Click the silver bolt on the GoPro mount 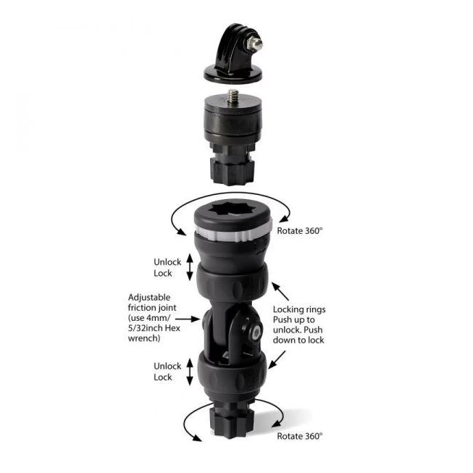[255, 43]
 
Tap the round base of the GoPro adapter [233, 74]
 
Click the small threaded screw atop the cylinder [233, 96]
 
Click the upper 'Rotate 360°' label [300, 231]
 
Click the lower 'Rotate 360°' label [300, 436]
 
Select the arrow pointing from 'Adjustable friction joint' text [188, 319]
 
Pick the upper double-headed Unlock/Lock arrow [190, 267]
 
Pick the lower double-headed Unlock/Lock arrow [190, 372]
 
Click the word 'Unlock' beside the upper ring [167, 261]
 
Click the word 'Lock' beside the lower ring [162, 377]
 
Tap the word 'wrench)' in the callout [144, 338]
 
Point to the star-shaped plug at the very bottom [232, 422]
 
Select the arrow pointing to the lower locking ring [277, 359]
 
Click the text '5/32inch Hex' [154, 328]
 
